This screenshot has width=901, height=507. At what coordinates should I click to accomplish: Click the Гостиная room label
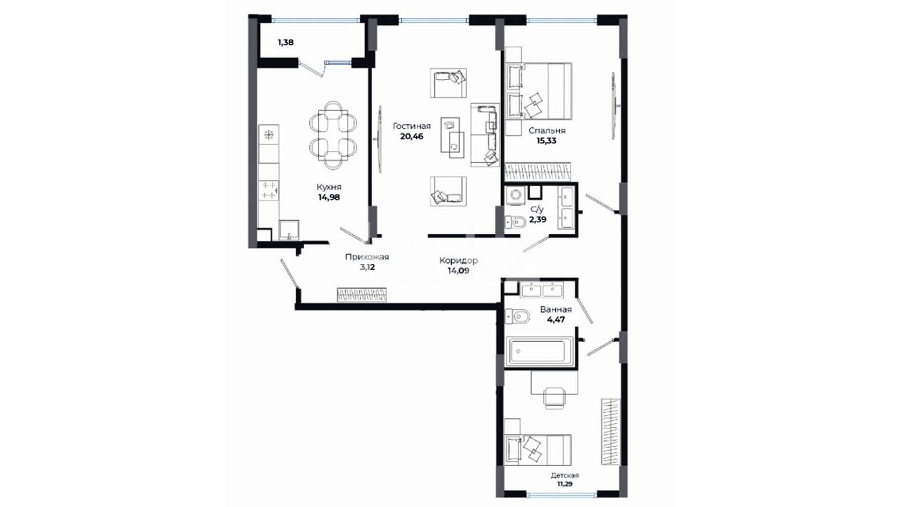(412, 126)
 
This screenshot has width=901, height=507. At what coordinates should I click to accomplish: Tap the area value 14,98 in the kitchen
(329, 197)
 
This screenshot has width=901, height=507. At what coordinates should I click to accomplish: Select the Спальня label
(547, 131)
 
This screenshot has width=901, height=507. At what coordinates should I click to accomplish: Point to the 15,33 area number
(546, 140)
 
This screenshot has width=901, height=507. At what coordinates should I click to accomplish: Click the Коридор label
(458, 261)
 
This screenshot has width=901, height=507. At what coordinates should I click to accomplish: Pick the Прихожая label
(367, 257)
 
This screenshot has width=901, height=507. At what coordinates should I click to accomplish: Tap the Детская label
(565, 475)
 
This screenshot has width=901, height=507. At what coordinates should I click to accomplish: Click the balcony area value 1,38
(286, 42)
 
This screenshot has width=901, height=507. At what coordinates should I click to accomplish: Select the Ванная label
(556, 309)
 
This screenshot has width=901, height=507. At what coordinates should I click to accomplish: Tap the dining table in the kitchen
(333, 134)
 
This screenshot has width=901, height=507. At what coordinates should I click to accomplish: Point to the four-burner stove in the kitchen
(269, 190)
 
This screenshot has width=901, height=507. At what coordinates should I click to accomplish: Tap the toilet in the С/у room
(515, 222)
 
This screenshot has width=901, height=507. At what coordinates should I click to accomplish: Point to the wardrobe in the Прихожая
(362, 294)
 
